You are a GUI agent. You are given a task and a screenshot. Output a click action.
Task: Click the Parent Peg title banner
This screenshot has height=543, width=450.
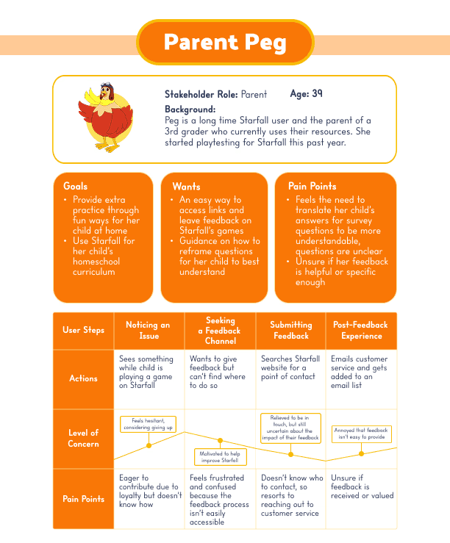tap(225, 42)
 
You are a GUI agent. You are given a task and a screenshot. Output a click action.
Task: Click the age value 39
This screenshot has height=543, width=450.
tap(317, 94)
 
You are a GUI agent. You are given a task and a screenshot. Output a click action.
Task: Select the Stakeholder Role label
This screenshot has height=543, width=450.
tap(201, 95)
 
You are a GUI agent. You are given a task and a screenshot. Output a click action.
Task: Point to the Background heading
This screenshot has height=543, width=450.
tap(190, 109)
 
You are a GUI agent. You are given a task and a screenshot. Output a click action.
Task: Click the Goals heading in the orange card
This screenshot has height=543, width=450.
tap(76, 186)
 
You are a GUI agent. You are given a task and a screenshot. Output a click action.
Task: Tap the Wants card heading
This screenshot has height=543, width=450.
tap(186, 186)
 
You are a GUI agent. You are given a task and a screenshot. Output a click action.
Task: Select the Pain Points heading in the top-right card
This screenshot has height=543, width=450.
tap(312, 186)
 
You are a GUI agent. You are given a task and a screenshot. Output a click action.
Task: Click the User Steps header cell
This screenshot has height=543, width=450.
tap(83, 331)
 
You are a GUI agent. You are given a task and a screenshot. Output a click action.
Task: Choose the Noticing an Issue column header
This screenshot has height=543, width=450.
tap(148, 331)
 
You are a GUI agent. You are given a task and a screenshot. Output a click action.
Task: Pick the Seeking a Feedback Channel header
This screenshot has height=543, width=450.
tap(220, 331)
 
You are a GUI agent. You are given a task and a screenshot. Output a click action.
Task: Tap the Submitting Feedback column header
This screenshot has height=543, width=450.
tap(290, 331)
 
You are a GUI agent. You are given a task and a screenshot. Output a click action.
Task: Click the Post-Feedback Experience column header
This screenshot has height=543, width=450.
tap(361, 331)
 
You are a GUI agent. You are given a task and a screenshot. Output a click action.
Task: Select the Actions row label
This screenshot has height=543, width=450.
tap(83, 378)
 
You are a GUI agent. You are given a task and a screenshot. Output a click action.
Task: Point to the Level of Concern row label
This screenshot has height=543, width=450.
tap(83, 438)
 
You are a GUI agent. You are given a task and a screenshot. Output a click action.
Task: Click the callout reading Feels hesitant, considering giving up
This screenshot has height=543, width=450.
tap(148, 424)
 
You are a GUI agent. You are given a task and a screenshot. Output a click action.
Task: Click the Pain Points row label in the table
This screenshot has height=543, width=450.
tap(83, 499)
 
